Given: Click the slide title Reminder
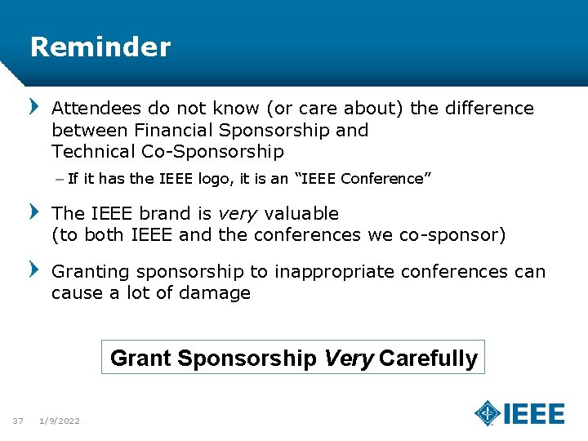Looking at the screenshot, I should [100, 47].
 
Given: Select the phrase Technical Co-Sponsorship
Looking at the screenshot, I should [167, 151].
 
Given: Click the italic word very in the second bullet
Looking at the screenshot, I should [238, 214].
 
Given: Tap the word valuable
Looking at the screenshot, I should [301, 214].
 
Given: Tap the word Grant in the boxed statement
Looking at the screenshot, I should [140, 359].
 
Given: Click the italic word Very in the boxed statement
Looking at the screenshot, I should [350, 359].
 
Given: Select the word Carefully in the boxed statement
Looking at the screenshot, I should [428, 359].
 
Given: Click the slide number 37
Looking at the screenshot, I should [18, 421].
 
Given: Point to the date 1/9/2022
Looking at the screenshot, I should [60, 421].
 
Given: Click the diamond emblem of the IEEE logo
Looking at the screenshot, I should [488, 413].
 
